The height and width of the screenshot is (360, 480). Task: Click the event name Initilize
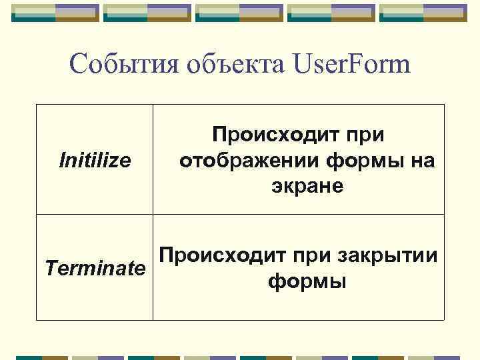95,160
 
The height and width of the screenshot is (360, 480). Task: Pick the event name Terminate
95,268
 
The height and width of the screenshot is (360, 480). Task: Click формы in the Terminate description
307,281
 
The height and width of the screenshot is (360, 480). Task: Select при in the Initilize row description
366,135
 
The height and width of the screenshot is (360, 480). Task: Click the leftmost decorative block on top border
55,12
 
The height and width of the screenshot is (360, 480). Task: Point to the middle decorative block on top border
239,12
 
